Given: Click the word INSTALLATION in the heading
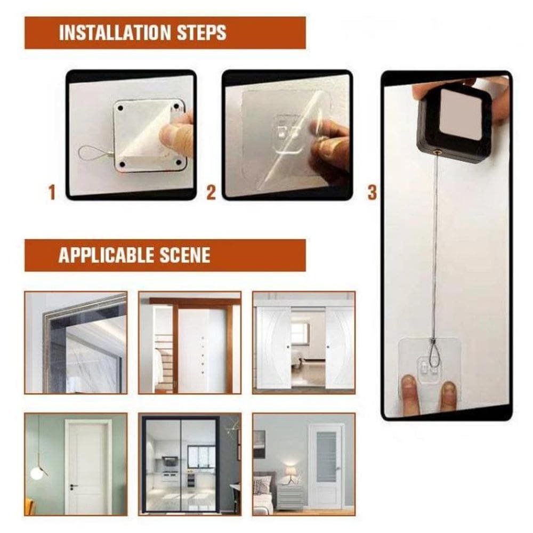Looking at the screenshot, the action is tap(115, 33).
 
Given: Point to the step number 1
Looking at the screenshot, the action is tap(52, 192).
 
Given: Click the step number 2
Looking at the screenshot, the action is tap(211, 192).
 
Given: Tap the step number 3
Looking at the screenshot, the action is tap(372, 192).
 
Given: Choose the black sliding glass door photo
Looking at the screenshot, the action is tap(190, 464).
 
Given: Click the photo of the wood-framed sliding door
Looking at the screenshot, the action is tap(190, 343).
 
